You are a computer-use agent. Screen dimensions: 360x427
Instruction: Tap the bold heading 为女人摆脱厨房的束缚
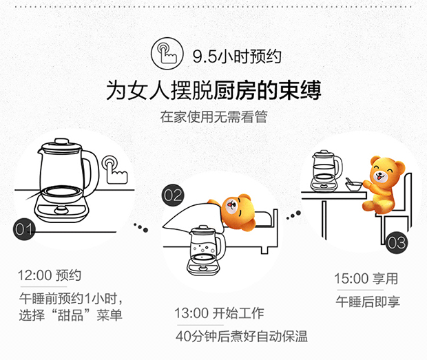coord(213,90)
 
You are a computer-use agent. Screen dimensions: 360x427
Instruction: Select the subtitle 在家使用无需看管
coord(213,116)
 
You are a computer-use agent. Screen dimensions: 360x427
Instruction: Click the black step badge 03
coord(397,243)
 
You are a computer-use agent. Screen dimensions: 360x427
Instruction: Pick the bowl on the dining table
coord(353,185)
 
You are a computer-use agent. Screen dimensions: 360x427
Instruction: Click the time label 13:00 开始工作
coord(219,314)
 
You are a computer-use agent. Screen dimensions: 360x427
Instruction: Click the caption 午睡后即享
coord(368,301)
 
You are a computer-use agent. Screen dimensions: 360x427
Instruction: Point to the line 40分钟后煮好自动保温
coord(241,337)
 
